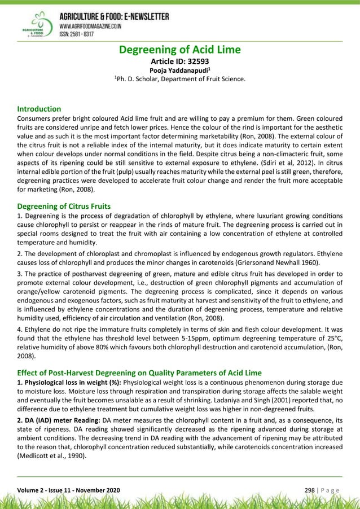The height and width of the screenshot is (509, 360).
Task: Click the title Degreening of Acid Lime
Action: coord(179,50)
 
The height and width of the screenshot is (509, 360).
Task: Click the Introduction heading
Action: coord(39,108)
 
